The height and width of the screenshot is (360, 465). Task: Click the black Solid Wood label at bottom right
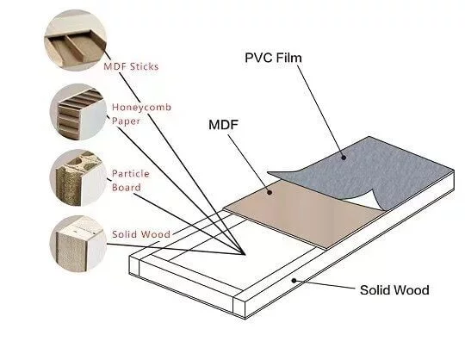tap(394, 290)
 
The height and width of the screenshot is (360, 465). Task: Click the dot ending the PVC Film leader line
tap(343, 157)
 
